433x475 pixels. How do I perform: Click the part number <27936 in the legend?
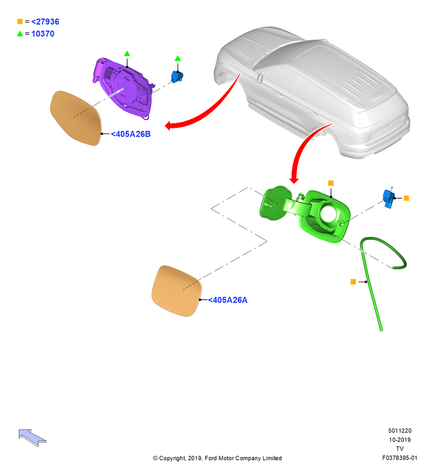point(45,22)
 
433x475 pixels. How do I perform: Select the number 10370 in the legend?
point(43,34)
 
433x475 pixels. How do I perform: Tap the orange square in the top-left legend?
point(20,21)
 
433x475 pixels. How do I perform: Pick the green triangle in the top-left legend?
point(20,33)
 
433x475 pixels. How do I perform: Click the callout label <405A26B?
point(131,134)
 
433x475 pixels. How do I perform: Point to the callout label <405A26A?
point(227,300)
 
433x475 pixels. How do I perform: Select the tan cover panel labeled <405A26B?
point(75,118)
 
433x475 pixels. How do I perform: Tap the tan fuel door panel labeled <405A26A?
point(177,291)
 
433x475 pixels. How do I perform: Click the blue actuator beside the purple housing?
point(177,76)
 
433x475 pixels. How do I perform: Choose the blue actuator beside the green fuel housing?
point(388,198)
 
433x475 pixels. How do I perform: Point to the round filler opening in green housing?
point(328,214)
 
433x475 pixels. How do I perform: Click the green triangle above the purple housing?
point(127,54)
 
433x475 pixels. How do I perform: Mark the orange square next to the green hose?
point(353,282)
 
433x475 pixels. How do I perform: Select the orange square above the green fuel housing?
point(331,183)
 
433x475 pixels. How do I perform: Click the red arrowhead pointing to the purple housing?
point(169,125)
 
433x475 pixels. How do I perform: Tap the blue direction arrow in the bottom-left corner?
point(32,437)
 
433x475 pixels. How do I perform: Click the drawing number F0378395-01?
point(400,458)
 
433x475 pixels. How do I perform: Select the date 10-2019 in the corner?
point(400,439)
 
